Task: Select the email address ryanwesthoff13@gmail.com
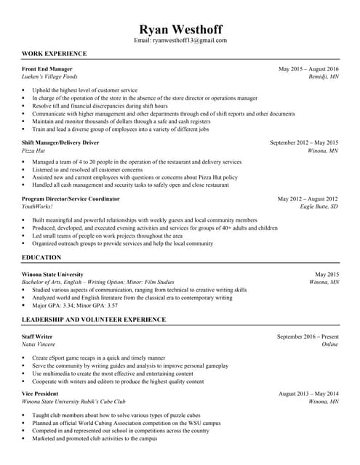coord(190,41)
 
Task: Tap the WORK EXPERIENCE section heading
coord(55,54)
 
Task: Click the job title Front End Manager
coord(47,69)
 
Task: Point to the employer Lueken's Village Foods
coord(49,76)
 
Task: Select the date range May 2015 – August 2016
coord(308,69)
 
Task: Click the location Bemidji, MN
coord(324,76)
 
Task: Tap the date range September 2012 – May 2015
coord(304,143)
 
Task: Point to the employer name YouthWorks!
coord(38,206)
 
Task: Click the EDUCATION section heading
coord(41,258)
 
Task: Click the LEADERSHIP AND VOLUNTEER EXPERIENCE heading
coord(94,320)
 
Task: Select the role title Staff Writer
coord(38,337)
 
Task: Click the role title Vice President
coord(41,393)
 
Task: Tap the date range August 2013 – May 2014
coord(308,393)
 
